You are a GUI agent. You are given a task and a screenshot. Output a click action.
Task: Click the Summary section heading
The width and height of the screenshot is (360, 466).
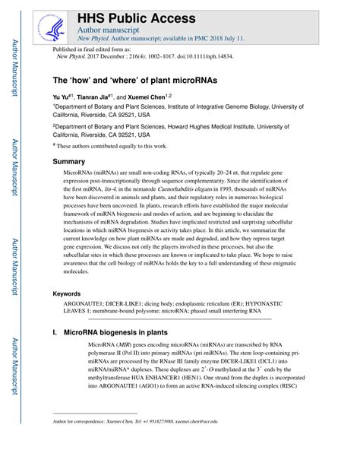click(68, 162)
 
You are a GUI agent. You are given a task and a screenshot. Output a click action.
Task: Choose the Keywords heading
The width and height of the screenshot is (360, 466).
click(69, 293)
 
